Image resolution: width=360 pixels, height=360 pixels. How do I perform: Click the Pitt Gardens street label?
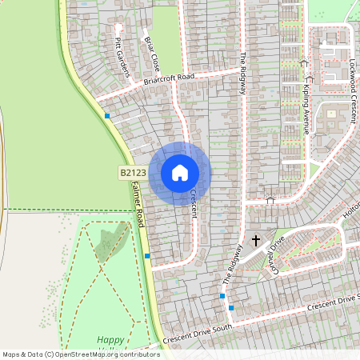coord(122,58)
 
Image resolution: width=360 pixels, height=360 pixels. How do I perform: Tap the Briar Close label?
coord(151,50)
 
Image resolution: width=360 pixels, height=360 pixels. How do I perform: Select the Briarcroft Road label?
coord(170,78)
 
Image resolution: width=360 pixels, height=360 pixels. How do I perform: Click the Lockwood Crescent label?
coord(352,80)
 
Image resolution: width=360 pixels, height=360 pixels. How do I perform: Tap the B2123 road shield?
coord(133,172)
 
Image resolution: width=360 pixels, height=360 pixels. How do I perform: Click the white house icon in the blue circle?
coord(180,172)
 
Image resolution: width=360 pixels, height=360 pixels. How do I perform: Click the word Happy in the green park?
coord(110,339)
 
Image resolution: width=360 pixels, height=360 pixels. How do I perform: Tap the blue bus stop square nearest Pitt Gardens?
coord(107,116)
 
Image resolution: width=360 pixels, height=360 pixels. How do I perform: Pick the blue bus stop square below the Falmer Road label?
coord(147,256)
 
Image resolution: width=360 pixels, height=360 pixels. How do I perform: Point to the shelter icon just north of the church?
coord(270,199)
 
